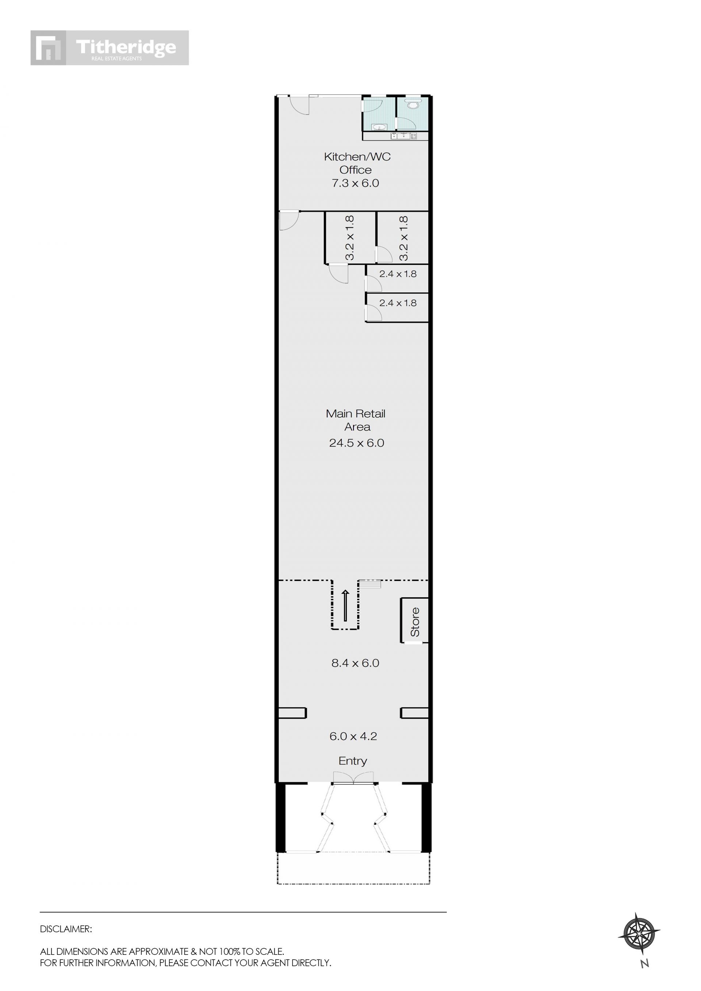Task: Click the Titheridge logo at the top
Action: (x=110, y=47)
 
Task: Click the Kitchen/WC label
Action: (x=357, y=156)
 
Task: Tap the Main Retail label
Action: (x=356, y=414)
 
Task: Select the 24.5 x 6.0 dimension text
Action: (x=357, y=443)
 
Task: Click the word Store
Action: (x=415, y=622)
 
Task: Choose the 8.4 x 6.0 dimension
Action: (x=355, y=663)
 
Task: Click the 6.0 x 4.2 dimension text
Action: (x=353, y=736)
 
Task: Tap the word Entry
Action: (x=353, y=761)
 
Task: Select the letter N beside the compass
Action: (x=645, y=963)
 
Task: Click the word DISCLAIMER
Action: (x=66, y=929)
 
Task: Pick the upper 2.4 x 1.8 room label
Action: (x=398, y=274)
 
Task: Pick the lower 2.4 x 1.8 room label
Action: (x=398, y=303)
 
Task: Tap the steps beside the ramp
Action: (x=370, y=584)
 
